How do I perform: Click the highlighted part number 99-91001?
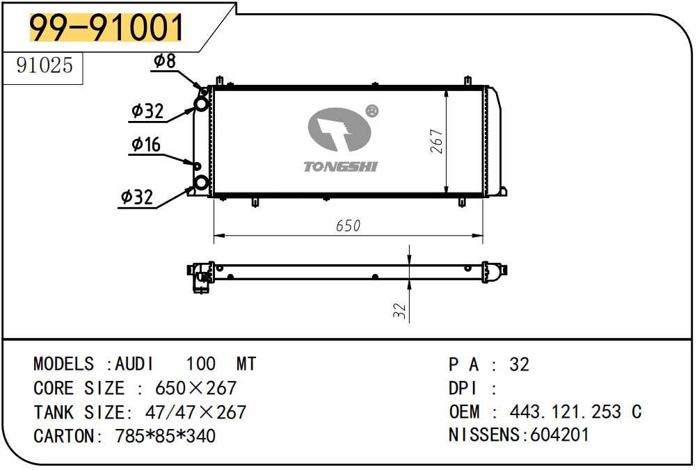pyautogui.click(x=106, y=27)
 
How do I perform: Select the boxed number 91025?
pyautogui.click(x=44, y=65)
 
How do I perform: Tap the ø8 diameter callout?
pyautogui.click(x=164, y=61)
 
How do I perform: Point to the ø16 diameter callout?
pyautogui.click(x=146, y=144)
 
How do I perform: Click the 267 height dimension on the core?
pyautogui.click(x=437, y=141)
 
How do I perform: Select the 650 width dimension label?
pyautogui.click(x=348, y=226)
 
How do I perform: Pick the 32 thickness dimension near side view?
pyautogui.click(x=399, y=311)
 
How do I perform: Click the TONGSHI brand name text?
pyautogui.click(x=340, y=167)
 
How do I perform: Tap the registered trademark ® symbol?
pyautogui.click(x=371, y=111)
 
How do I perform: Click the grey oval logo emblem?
pyautogui.click(x=339, y=129)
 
